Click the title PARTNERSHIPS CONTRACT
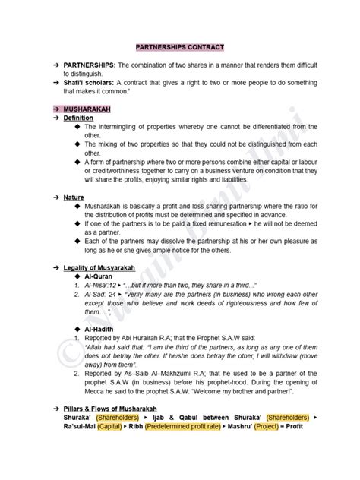[x=179, y=46]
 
